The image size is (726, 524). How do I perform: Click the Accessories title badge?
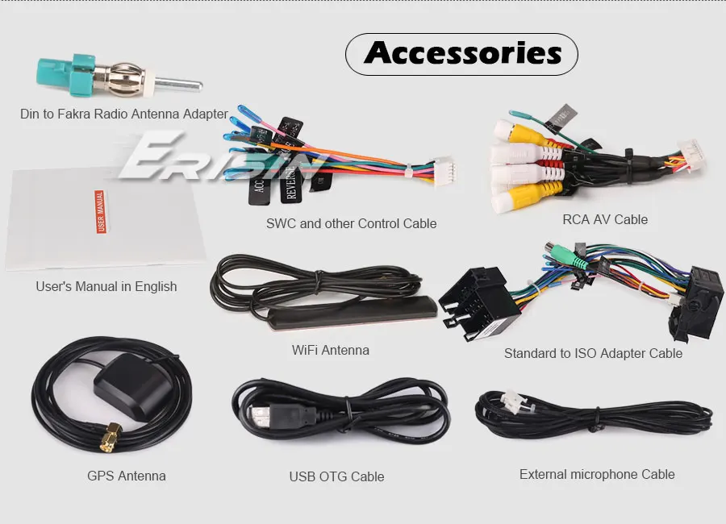click(461, 54)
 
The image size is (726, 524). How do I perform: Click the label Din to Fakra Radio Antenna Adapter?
click(124, 114)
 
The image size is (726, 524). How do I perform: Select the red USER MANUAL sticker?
click(101, 211)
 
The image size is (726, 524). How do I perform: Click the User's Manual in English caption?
click(106, 286)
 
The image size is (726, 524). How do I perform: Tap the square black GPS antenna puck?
click(130, 388)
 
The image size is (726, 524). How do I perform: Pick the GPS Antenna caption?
click(127, 476)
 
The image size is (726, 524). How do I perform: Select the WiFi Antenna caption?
click(331, 350)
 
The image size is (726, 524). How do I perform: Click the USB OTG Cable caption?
click(336, 476)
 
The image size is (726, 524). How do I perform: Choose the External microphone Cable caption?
click(597, 474)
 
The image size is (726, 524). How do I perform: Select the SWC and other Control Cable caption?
click(351, 223)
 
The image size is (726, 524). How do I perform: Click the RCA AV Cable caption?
click(605, 218)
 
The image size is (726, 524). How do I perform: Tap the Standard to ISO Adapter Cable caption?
click(593, 353)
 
